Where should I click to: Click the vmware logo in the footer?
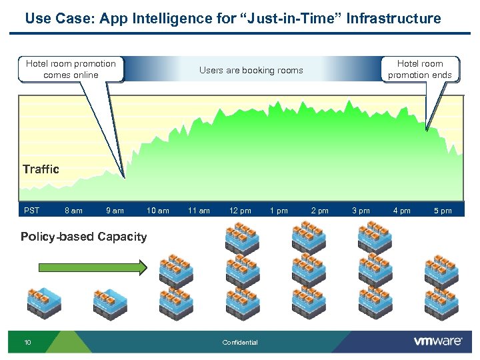[438, 341]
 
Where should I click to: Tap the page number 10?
[27, 343]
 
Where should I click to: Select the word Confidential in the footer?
[240, 343]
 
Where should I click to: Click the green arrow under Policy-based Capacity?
[93, 268]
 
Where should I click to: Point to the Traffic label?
[41, 169]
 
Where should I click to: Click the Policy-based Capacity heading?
[83, 237]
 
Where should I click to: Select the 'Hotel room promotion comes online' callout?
[71, 69]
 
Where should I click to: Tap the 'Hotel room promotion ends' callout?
[420, 69]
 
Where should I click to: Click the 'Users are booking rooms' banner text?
[251, 71]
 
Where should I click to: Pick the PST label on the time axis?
[31, 211]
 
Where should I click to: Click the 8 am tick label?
[73, 211]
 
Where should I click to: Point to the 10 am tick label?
[158, 211]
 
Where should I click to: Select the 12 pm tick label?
[240, 211]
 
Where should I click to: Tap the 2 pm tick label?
[320, 211]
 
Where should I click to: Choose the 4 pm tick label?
[402, 211]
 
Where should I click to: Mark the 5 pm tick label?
[443, 211]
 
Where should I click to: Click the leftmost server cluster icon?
[43, 303]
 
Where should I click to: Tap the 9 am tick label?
[115, 211]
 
